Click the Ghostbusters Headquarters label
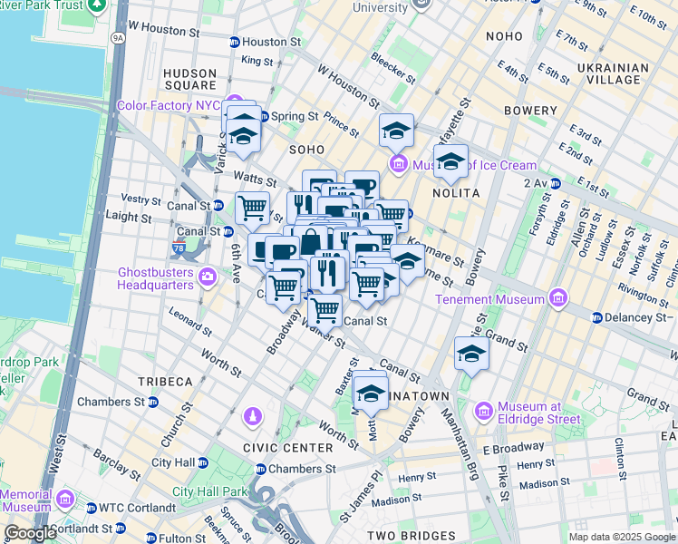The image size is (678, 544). click(156, 277)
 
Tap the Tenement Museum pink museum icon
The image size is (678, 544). click(558, 299)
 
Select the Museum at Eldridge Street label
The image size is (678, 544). click(538, 413)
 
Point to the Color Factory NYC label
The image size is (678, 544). click(169, 105)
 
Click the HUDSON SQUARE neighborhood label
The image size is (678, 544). click(189, 80)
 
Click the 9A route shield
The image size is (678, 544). click(118, 38)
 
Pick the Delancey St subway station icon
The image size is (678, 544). click(596, 318)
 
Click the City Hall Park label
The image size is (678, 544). click(210, 492)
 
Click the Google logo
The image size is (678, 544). click(31, 533)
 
